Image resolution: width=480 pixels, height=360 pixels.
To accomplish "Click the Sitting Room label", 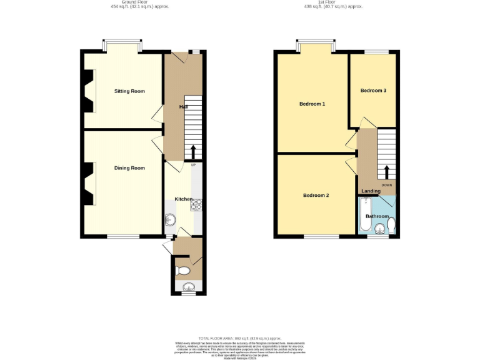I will (129, 91).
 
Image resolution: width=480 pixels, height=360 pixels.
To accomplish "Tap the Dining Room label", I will (129, 167).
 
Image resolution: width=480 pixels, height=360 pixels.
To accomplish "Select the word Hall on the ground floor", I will (184, 107).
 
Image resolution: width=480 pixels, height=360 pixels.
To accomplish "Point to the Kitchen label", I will (183, 199).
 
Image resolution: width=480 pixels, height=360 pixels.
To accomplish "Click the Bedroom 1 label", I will (312, 104).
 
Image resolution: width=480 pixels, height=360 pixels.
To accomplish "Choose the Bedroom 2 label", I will (316, 196).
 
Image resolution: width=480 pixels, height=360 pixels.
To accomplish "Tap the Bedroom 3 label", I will (373, 91).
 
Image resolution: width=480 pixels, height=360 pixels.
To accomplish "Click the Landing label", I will (371, 191).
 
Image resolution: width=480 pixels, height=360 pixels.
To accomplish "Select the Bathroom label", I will (377, 216).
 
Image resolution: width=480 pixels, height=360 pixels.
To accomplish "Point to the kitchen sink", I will (170, 219).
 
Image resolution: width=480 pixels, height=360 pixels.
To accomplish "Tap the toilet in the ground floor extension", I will (182, 271).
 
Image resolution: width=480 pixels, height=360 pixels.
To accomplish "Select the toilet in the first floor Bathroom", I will (391, 224).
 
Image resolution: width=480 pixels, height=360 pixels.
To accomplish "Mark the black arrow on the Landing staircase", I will (386, 171).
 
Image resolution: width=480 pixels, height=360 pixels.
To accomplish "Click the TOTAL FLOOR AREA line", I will (240, 337).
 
